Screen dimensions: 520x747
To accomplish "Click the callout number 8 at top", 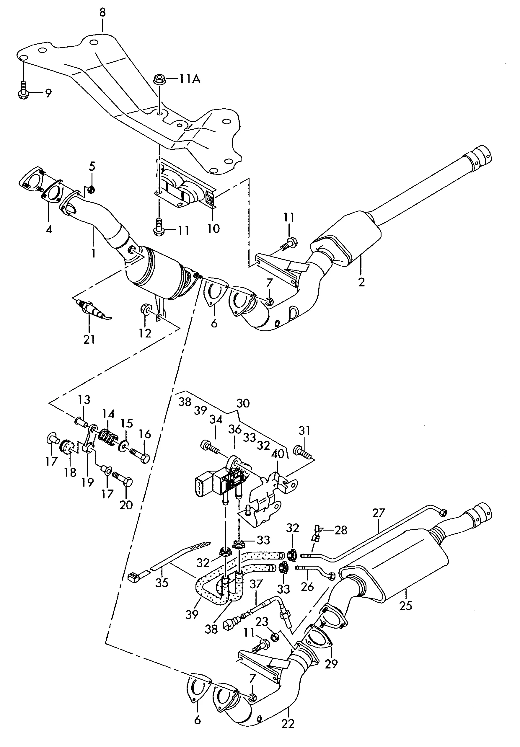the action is pos(102,13).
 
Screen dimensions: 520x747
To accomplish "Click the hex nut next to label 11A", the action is pos(159,79).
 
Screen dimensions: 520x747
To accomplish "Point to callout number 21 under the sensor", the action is pos(89,340).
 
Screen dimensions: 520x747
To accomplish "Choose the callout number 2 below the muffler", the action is pos(361,282).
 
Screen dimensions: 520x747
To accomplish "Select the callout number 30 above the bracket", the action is pos(243,403).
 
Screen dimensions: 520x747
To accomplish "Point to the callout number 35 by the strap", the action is pos(162,583).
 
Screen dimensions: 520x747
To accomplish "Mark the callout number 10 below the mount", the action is pos(213,229).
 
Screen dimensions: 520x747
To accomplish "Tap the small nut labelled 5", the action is pos(92,189).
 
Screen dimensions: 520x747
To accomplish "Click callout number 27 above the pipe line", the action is pos(379,513).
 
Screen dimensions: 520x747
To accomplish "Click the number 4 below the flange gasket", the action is pos(49,229).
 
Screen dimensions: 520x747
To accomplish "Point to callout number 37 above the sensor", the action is pos(256,584).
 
